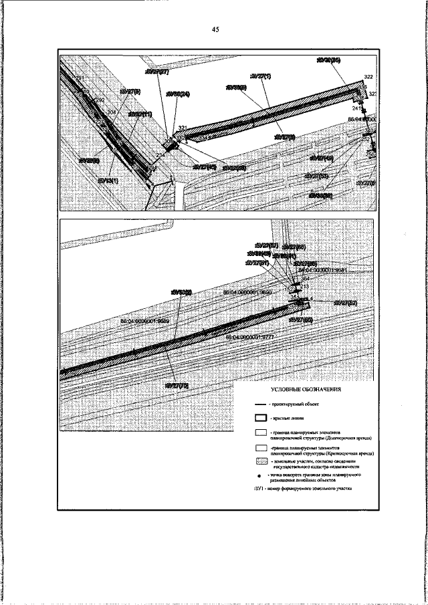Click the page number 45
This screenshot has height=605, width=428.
click(x=215, y=29)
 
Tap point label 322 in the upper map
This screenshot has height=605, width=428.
click(x=368, y=77)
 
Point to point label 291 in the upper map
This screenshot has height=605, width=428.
click(x=81, y=80)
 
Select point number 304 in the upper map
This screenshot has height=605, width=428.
click(x=111, y=112)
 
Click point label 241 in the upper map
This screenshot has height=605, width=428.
click(x=356, y=108)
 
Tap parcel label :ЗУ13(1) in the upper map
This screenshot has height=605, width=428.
click(x=108, y=180)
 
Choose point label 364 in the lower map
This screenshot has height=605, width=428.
click(x=306, y=278)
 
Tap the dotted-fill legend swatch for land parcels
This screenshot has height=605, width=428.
click(x=261, y=461)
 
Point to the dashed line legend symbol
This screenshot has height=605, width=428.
click(x=261, y=405)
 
